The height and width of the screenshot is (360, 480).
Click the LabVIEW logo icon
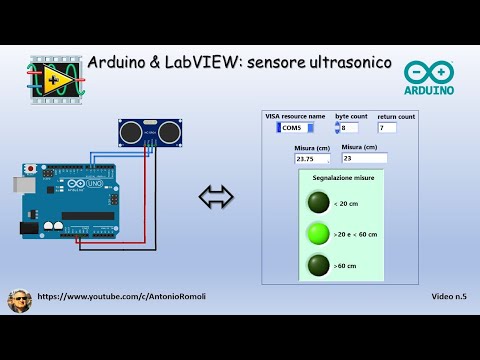[x=52, y=77]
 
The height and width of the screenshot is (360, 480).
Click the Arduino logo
[x=429, y=77]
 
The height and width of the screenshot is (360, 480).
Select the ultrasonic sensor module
[x=149, y=130]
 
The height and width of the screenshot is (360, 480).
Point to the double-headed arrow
[x=216, y=197]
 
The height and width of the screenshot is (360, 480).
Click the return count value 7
[x=386, y=128]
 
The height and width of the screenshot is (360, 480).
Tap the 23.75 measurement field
[x=311, y=158]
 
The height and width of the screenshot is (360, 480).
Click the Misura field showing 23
[x=362, y=158]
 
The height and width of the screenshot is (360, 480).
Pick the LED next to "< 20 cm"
[x=319, y=202]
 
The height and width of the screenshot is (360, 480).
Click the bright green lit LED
[x=319, y=234]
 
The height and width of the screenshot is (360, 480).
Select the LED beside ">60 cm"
[x=319, y=265]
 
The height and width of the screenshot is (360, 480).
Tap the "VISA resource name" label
[x=295, y=116]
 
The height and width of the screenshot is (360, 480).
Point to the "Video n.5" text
[x=449, y=297]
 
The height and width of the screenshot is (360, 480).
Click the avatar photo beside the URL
[x=19, y=300]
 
